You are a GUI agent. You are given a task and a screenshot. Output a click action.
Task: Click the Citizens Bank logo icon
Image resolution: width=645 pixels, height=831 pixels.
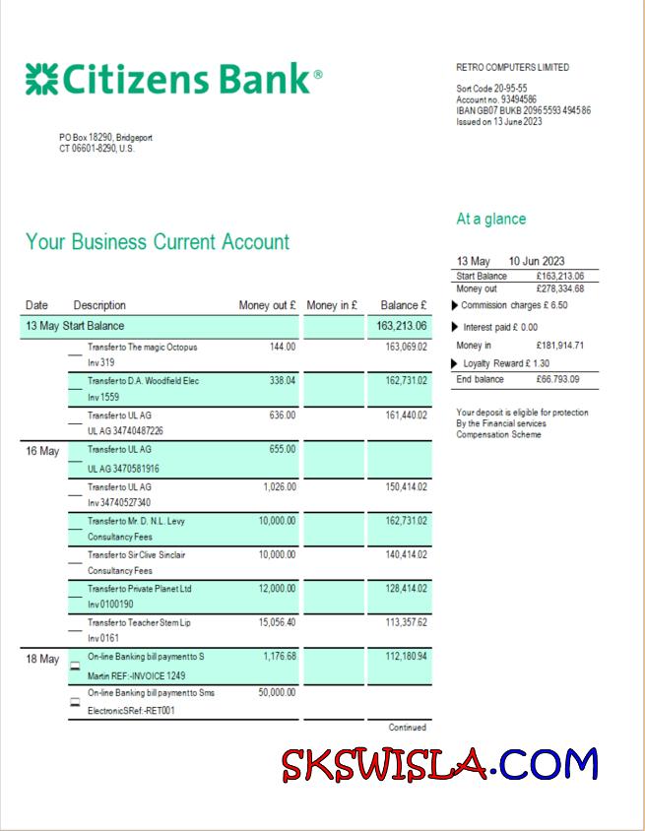(41, 79)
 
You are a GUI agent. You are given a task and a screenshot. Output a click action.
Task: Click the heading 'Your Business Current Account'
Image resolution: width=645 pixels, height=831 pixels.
(158, 242)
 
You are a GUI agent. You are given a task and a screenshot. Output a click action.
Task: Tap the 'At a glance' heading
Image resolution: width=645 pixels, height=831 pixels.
(490, 219)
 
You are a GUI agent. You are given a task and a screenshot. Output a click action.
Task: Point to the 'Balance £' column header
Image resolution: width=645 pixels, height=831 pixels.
(404, 305)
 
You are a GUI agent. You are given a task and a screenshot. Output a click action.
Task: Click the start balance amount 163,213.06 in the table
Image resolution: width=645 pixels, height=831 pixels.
(402, 326)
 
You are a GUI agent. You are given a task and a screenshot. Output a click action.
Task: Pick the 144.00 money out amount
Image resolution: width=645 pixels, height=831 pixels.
(283, 347)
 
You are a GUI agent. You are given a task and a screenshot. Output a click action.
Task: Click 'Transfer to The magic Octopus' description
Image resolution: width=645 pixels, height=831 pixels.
(143, 347)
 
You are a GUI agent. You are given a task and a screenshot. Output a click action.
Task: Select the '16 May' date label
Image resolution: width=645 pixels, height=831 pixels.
(42, 452)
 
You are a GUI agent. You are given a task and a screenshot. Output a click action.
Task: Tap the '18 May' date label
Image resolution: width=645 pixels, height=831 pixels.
(42, 659)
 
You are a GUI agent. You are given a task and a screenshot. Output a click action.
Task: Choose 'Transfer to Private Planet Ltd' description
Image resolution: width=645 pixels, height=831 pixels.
(139, 589)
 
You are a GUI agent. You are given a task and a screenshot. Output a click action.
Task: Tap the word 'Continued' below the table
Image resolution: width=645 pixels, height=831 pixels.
(407, 728)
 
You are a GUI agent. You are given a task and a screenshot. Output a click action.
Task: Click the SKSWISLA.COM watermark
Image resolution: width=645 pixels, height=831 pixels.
(439, 764)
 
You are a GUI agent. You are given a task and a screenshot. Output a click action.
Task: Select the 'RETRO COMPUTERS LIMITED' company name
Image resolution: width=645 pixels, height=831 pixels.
(512, 68)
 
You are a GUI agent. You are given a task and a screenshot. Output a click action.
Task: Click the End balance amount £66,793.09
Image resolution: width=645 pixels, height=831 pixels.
(558, 379)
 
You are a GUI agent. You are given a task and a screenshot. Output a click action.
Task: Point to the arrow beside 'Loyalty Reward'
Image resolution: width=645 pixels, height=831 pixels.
(454, 363)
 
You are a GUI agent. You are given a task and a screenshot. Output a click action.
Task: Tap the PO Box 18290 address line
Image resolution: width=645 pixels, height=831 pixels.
(105, 138)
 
